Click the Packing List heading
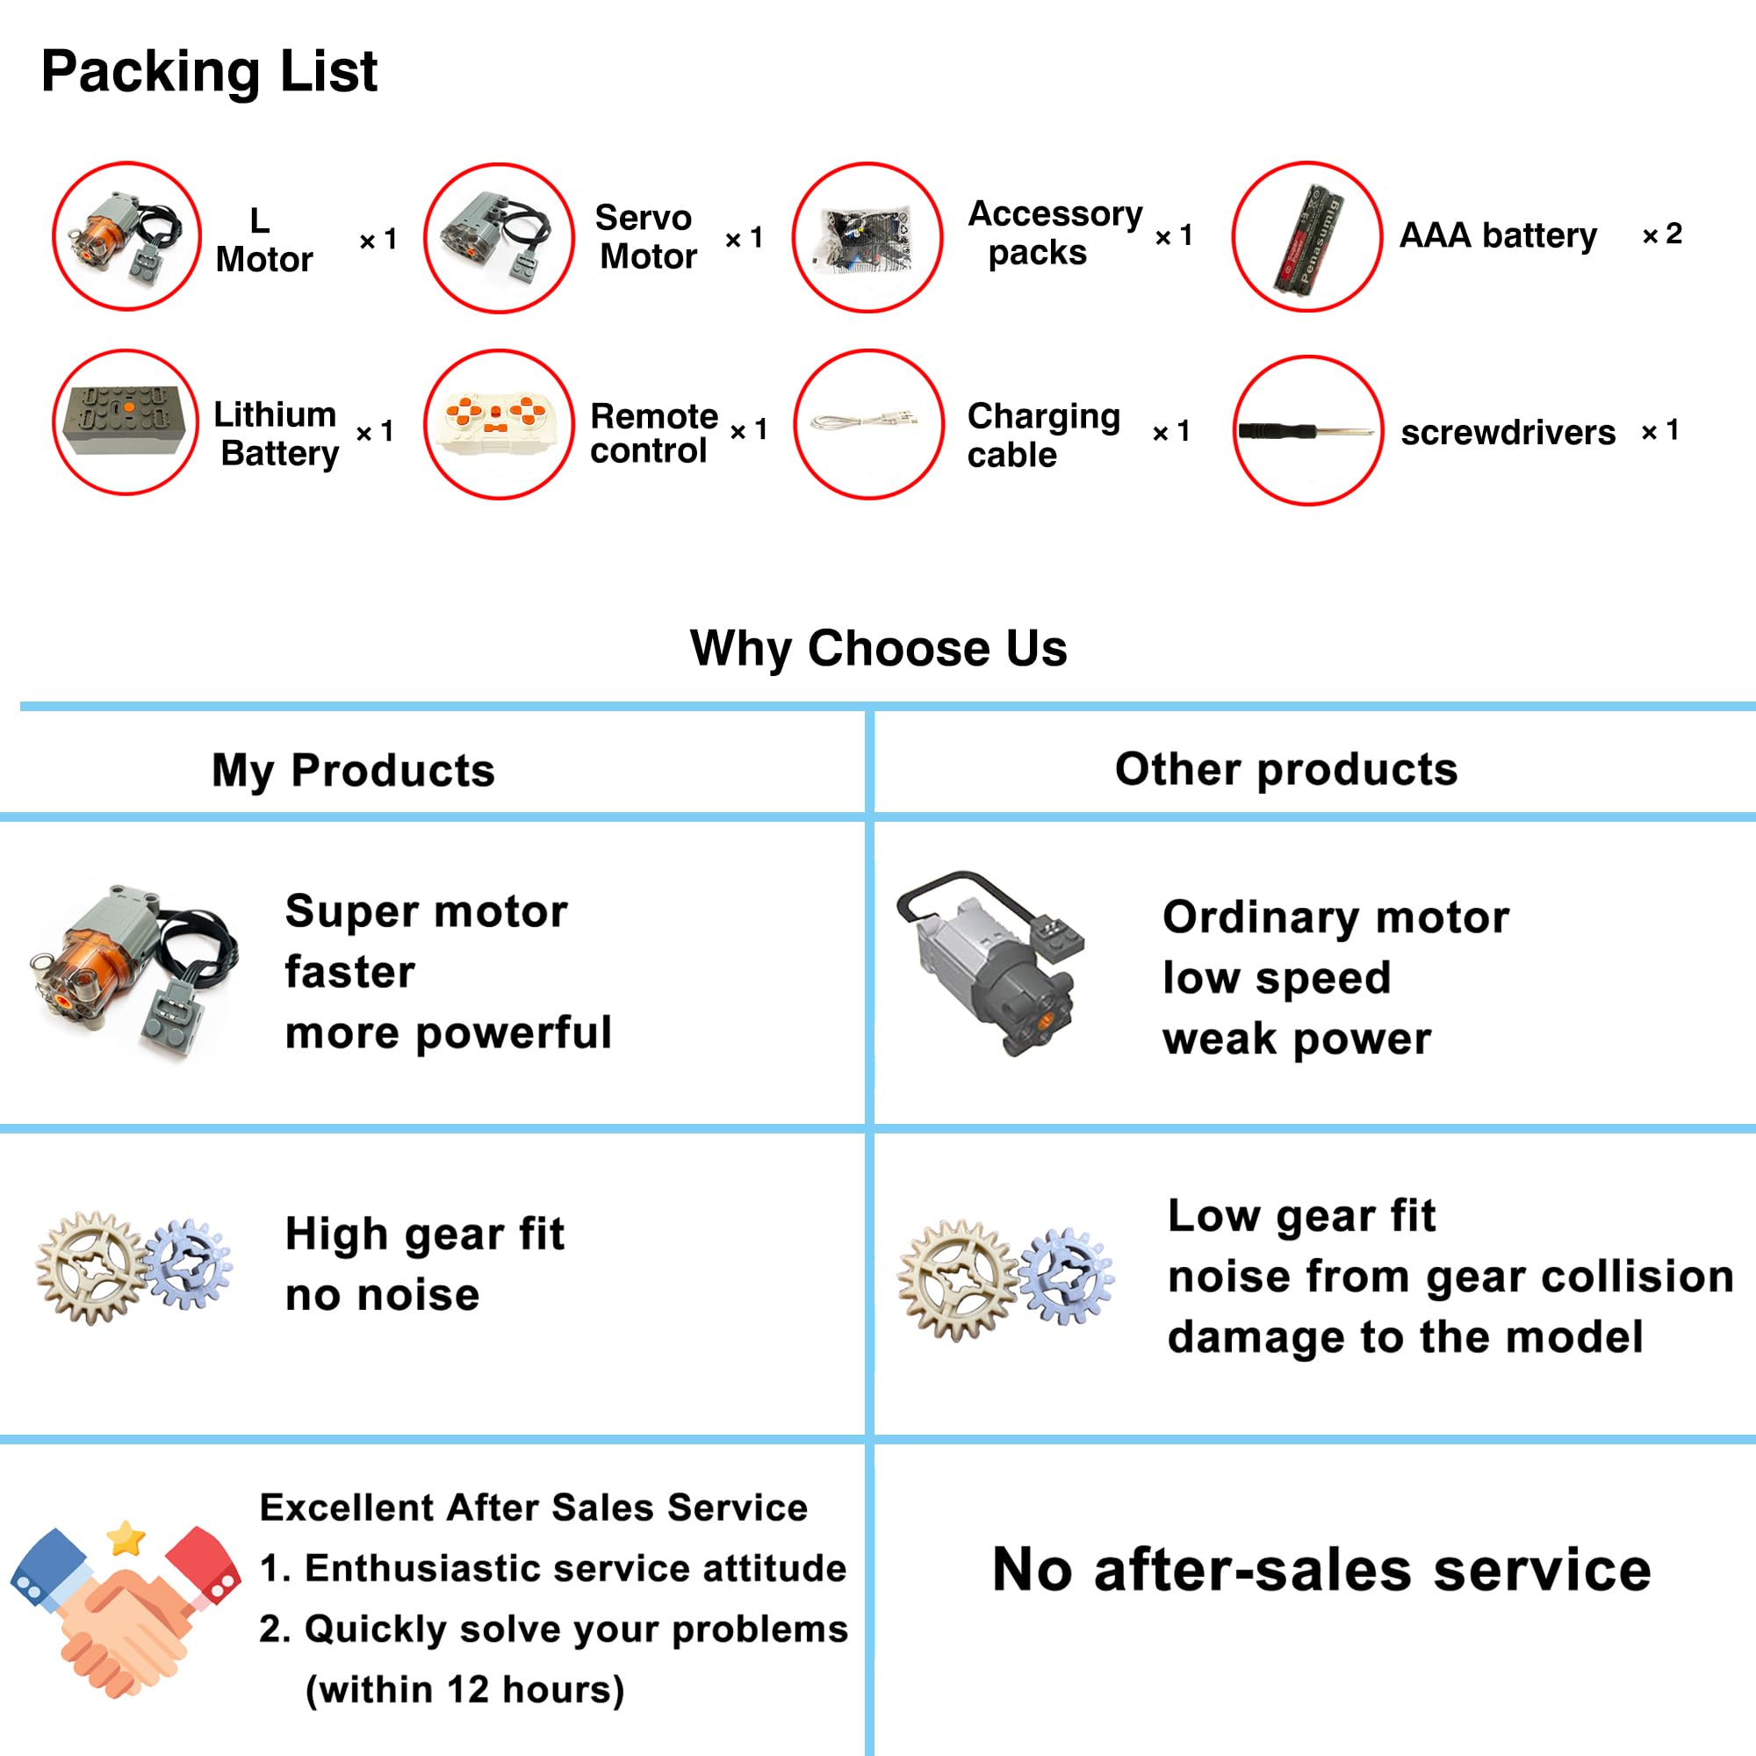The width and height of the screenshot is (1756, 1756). [208, 72]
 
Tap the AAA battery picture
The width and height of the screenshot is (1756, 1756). [1307, 238]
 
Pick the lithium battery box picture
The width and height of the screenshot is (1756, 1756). [126, 421]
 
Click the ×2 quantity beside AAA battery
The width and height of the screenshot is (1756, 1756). [1661, 234]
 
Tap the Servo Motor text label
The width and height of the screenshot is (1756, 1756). [646, 237]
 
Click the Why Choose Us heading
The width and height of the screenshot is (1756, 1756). [878, 649]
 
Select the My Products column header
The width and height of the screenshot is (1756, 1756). [353, 771]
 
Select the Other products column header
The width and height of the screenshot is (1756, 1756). [1286, 770]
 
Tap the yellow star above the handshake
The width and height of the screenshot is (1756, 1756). [126, 1537]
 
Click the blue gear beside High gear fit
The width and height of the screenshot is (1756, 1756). [188, 1264]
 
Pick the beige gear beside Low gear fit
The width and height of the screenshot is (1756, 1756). [956, 1280]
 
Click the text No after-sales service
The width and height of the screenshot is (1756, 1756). [1321, 1570]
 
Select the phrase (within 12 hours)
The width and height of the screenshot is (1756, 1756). [464, 1689]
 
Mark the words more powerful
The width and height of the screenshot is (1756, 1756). [448, 1033]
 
